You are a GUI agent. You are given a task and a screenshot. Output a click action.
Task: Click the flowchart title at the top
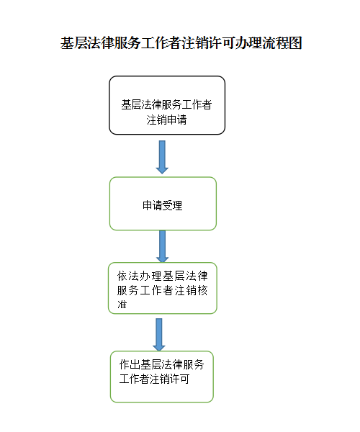(181, 43)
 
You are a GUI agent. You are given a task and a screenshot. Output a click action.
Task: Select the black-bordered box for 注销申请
(167, 105)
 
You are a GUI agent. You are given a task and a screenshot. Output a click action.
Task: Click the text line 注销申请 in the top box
(166, 120)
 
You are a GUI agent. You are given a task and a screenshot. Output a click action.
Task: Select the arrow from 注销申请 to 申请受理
(162, 157)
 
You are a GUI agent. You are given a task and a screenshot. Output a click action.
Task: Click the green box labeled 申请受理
(163, 204)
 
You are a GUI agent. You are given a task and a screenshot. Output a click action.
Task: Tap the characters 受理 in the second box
(172, 205)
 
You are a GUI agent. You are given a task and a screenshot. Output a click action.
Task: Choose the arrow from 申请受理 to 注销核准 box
(162, 246)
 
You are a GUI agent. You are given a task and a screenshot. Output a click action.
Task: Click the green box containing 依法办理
(163, 288)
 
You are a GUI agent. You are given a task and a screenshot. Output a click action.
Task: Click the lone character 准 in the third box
(122, 305)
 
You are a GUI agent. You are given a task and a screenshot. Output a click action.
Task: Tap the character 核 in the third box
(202, 290)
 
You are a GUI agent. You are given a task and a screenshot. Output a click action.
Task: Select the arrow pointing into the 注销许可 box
(159, 335)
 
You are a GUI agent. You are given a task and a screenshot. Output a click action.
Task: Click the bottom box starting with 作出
(162, 377)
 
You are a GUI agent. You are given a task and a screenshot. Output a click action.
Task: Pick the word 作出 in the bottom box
(130, 364)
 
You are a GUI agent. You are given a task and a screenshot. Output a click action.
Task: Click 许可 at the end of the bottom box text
(179, 379)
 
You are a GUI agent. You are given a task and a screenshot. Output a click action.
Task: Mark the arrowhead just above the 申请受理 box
(162, 170)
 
